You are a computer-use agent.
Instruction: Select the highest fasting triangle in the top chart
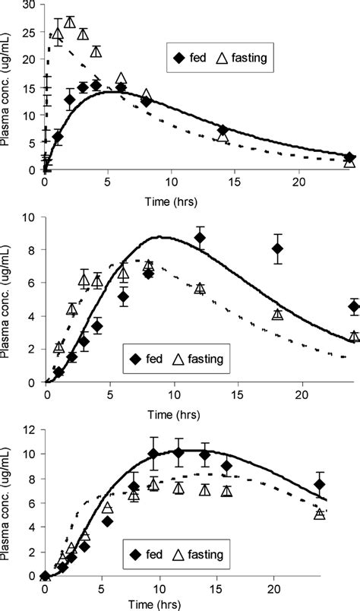pyautogui.click(x=70, y=22)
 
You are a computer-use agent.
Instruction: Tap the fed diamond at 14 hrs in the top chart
pyautogui.click(x=223, y=131)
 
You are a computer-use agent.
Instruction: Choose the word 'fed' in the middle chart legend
pyautogui.click(x=154, y=358)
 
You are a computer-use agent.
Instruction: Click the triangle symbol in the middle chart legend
pyautogui.click(x=185, y=358)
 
